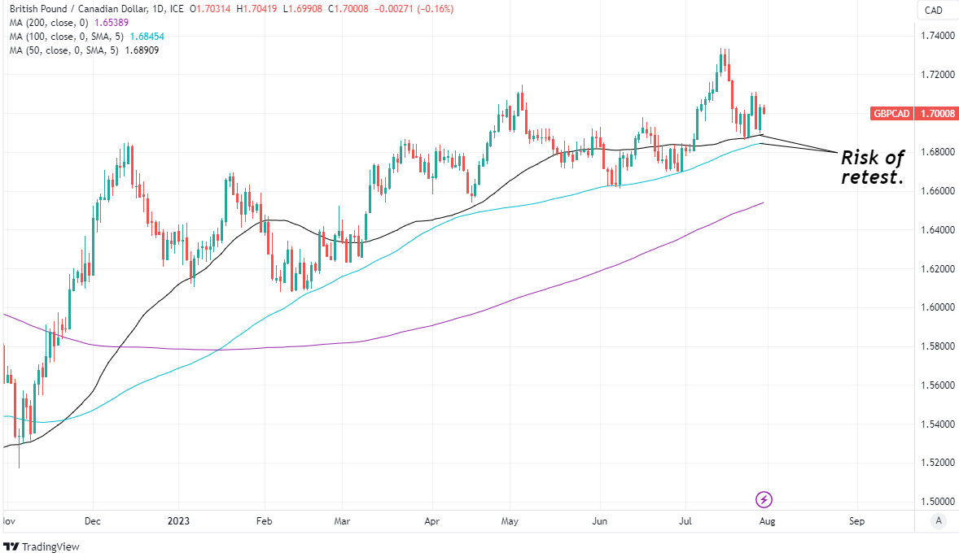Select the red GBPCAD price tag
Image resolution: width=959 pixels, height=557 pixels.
(x=891, y=114)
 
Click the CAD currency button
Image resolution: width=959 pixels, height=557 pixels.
(x=933, y=11)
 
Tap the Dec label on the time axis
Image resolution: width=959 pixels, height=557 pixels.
(x=92, y=520)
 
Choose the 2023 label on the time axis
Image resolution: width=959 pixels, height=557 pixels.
(x=180, y=520)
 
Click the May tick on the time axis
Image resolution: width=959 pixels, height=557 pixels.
(x=510, y=520)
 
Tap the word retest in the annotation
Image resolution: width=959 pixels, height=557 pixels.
(x=873, y=178)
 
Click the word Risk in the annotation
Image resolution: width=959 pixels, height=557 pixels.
(x=861, y=158)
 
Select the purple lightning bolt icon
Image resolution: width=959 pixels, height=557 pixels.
(x=764, y=498)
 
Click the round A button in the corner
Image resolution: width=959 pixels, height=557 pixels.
(x=939, y=520)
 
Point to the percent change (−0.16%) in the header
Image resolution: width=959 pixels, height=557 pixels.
(x=435, y=9)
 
